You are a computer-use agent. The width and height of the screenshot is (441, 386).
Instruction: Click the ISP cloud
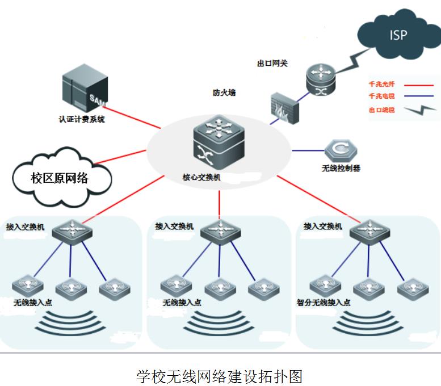pyautogui.click(x=398, y=35)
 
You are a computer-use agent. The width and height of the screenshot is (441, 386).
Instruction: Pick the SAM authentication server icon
pyautogui.click(x=82, y=90)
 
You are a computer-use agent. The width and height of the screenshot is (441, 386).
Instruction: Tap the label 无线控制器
pyautogui.click(x=341, y=168)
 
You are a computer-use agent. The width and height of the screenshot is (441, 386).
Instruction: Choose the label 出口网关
pyautogui.click(x=272, y=63)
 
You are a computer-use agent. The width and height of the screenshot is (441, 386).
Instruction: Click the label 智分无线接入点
pyautogui.click(x=323, y=302)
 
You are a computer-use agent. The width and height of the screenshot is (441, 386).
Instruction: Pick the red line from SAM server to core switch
pyautogui.click(x=136, y=115)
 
